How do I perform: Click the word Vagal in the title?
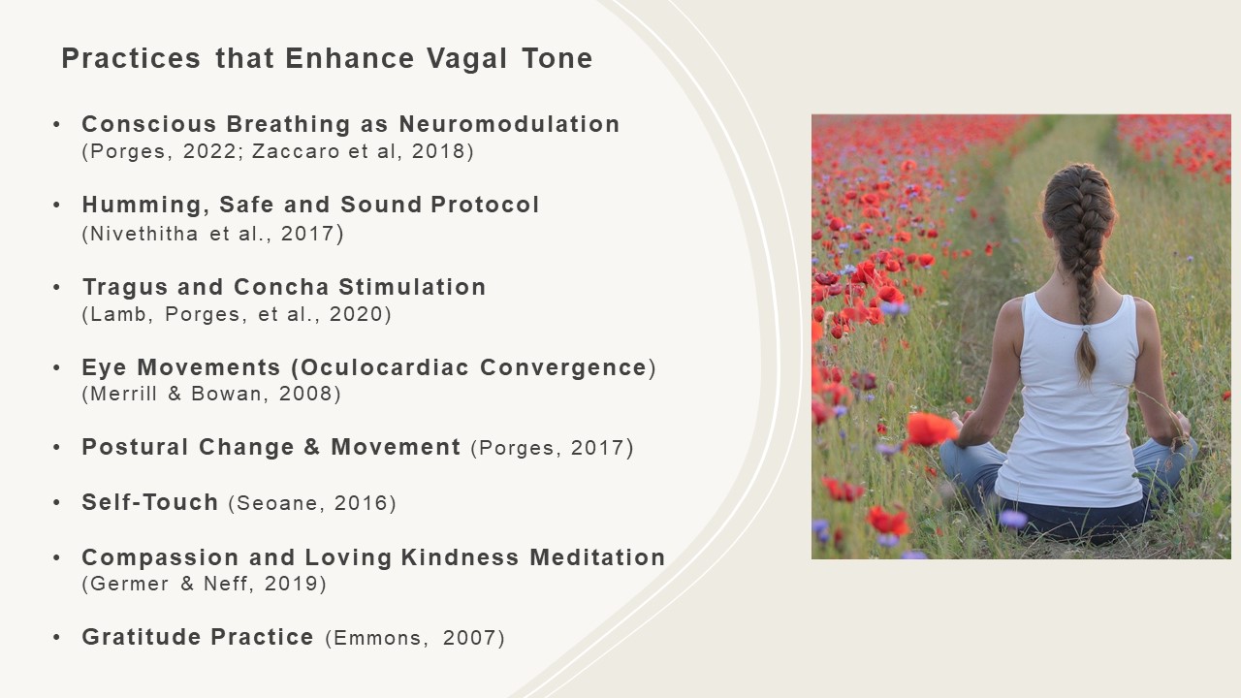466,59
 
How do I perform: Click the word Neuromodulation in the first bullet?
509,124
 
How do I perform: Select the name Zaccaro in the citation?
296,151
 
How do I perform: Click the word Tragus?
125,288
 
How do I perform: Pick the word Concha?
281,287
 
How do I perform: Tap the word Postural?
135,447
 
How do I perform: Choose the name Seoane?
281,503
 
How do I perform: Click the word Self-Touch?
149,502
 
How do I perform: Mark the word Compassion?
160,557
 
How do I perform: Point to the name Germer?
129,584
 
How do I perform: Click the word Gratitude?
142,637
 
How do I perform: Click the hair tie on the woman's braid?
1086,331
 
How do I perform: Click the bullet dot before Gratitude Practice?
56,637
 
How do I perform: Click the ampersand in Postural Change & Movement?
312,447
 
